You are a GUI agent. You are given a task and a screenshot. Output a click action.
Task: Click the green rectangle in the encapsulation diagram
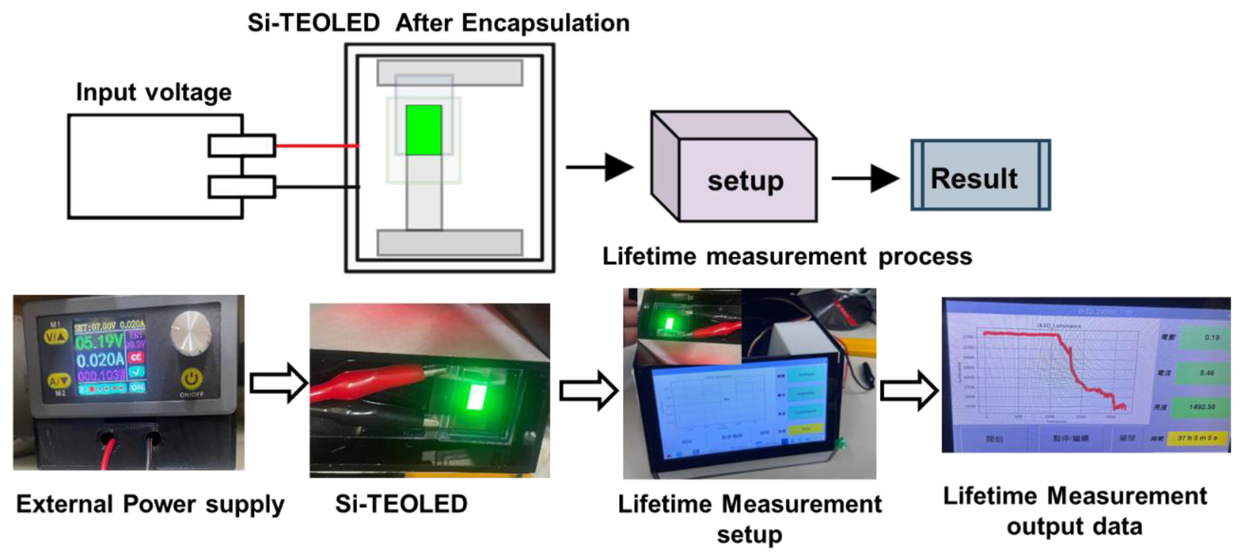coord(424,130)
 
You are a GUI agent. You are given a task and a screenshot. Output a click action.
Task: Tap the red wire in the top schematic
coord(316,145)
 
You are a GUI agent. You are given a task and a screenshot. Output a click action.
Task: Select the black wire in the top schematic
coord(316,186)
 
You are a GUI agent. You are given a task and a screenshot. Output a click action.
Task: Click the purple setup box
coord(746,180)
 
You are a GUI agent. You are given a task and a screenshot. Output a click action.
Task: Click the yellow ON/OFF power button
coord(191,379)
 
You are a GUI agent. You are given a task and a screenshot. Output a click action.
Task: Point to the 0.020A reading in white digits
coord(100,360)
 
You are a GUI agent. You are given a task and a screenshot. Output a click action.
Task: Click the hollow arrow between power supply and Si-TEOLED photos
coord(278,383)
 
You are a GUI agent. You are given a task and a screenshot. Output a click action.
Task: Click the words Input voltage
coord(154,92)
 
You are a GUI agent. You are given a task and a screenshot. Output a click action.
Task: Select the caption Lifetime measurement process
coord(787,256)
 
